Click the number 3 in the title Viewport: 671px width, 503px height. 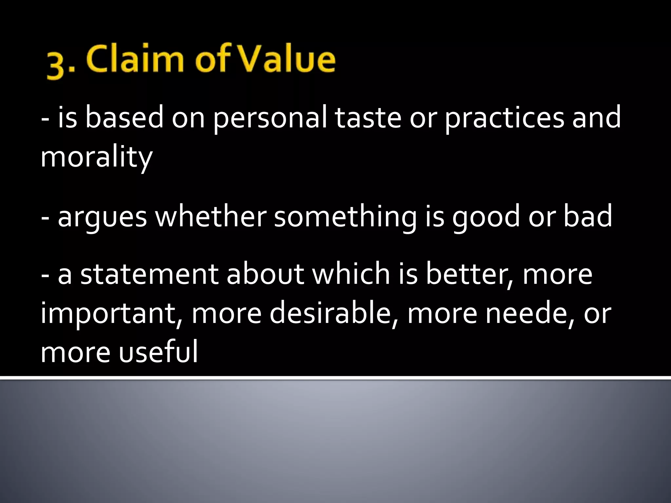point(56,65)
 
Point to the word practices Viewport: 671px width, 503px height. point(504,119)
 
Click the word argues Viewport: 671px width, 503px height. point(102,217)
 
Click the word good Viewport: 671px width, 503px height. point(486,217)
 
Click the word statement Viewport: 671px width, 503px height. point(149,274)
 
